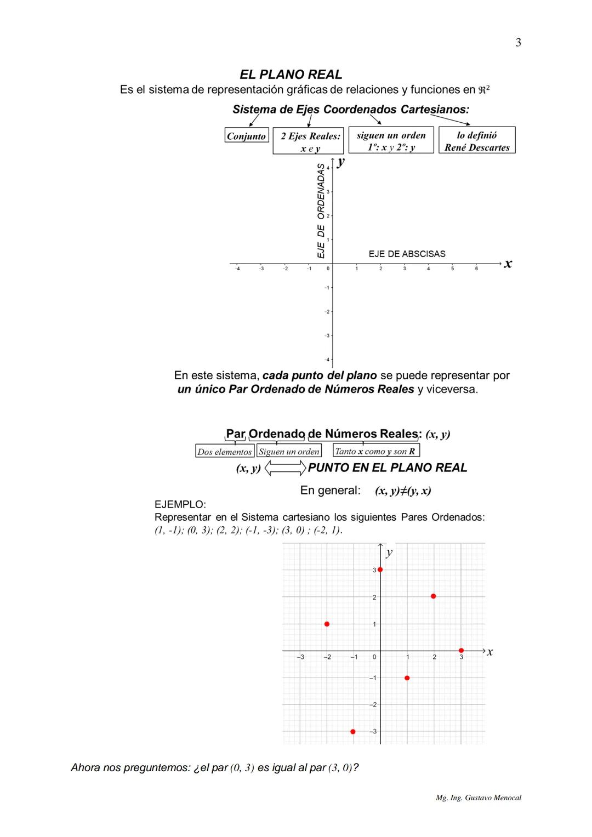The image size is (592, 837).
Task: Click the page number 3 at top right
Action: coord(518,43)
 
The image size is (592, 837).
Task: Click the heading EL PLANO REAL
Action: coord(291,75)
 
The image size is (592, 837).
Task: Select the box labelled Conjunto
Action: coord(247,136)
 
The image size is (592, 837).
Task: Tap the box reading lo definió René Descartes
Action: coord(477,141)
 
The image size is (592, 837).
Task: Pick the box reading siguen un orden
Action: coord(391,141)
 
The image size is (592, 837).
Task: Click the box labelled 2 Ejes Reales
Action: coord(308,141)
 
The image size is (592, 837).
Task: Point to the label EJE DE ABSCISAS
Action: coord(407,254)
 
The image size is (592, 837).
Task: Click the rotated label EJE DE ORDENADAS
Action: coord(321,210)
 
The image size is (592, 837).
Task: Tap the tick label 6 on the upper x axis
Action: coord(476,269)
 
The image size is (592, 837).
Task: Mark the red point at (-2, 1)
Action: coord(327,624)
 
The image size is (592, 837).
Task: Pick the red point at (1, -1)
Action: coord(407,678)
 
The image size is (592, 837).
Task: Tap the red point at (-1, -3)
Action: coord(353,732)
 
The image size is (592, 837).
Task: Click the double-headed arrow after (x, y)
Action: coord(285,468)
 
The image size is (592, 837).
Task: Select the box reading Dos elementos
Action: coord(225,452)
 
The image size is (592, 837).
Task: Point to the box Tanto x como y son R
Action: coord(375,451)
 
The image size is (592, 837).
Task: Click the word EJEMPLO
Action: coord(180,504)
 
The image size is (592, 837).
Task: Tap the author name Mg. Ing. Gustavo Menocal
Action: coord(478,798)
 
